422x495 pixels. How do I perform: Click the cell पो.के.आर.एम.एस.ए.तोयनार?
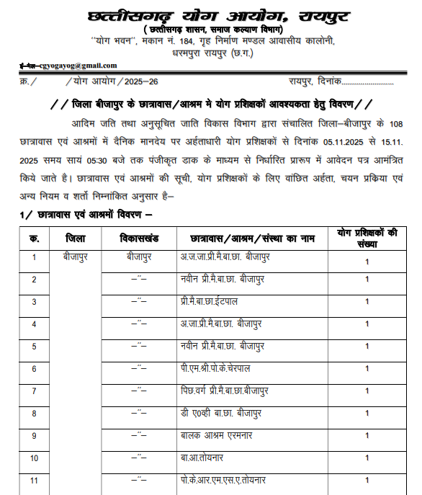coord(223,480)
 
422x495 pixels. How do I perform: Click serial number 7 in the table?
coord(34,391)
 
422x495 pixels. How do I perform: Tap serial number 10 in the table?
coord(34,458)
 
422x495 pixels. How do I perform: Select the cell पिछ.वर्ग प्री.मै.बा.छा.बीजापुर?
coord(225,391)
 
